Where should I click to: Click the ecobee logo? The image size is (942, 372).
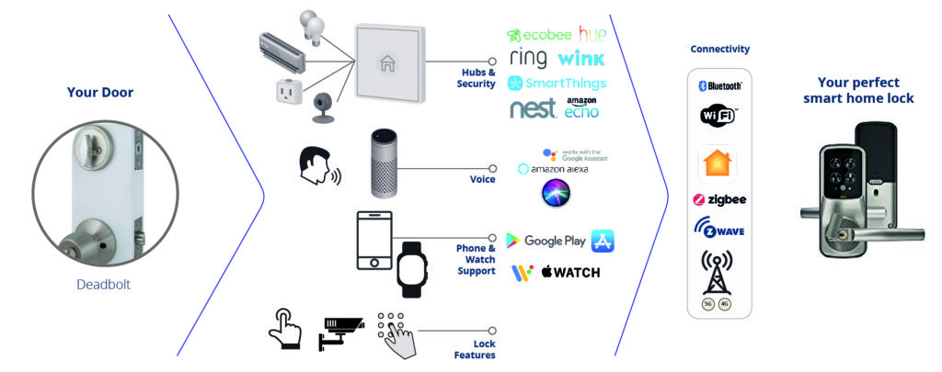click(x=539, y=36)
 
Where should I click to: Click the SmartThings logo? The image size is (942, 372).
click(x=557, y=84)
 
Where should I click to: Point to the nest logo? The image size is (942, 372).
click(x=533, y=109)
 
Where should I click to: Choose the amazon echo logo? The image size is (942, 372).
click(x=582, y=107)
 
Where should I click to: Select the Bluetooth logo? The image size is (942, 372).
click(x=720, y=85)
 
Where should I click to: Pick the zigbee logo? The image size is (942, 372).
click(x=719, y=199)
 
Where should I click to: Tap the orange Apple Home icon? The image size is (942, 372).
click(x=719, y=162)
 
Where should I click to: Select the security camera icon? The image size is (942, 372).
click(x=341, y=333)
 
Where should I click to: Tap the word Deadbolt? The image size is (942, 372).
click(x=103, y=285)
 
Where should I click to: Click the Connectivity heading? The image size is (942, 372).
click(x=719, y=49)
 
